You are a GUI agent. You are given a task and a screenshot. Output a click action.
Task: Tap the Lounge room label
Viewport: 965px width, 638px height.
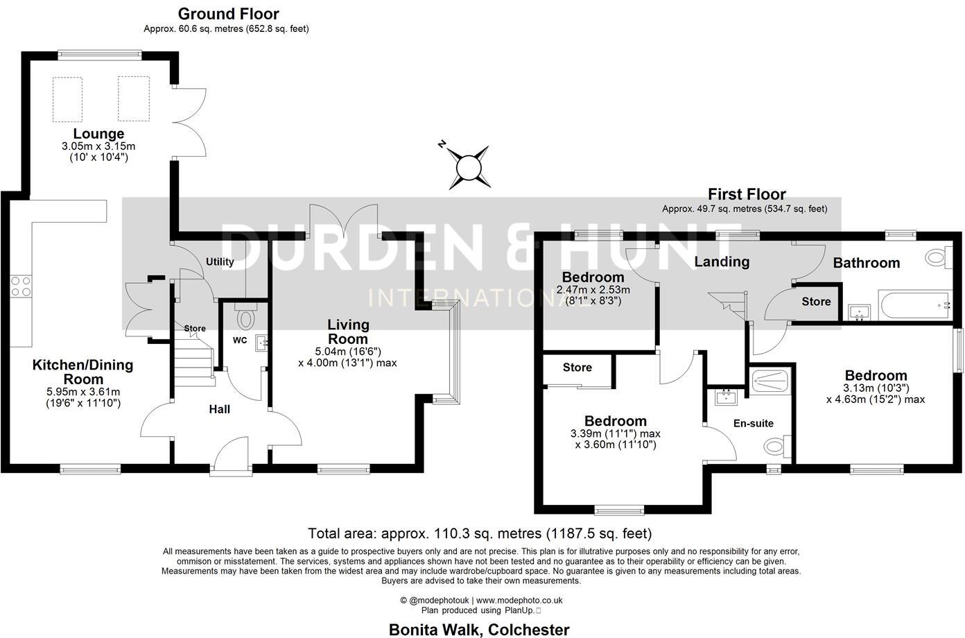[98, 134]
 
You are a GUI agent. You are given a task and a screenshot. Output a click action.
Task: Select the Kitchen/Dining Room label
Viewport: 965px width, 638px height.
[82, 372]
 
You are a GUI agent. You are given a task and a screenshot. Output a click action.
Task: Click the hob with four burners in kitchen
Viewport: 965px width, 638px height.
[21, 286]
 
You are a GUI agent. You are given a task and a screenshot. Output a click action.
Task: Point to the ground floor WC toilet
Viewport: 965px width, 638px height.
[245, 318]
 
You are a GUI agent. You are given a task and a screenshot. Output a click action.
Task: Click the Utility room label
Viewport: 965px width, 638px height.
[220, 262]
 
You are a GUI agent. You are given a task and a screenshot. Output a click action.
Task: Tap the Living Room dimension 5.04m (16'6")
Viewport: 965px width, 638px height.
[348, 352]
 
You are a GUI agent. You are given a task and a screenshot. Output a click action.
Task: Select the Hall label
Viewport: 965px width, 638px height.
[220, 409]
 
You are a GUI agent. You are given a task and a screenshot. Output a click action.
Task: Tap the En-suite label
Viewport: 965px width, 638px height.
[753, 423]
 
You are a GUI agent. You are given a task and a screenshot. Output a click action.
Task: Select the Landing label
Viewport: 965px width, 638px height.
[722, 261]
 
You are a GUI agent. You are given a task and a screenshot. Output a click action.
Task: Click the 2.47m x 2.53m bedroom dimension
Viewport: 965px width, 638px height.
[593, 290]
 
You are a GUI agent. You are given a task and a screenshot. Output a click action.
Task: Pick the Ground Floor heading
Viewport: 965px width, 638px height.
[228, 14]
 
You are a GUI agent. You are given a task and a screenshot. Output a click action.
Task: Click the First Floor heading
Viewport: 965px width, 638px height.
[747, 194]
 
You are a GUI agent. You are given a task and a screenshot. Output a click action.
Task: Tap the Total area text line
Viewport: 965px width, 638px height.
[480, 533]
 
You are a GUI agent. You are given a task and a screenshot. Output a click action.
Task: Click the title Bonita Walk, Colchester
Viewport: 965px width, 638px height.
[479, 630]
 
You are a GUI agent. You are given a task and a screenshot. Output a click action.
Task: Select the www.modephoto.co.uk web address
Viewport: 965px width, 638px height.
[519, 601]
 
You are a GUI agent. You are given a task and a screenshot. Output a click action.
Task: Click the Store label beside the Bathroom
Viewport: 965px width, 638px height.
[816, 302]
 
